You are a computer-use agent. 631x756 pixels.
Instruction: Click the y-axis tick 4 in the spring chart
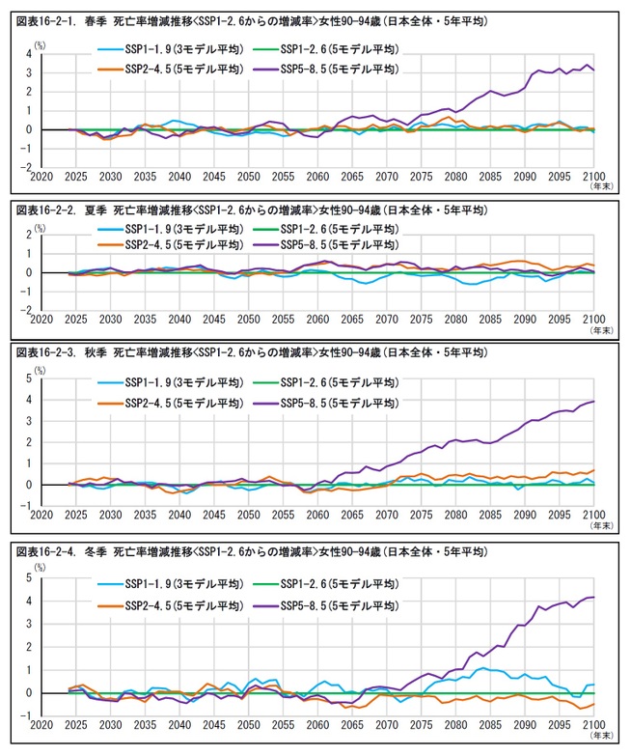pos(32,54)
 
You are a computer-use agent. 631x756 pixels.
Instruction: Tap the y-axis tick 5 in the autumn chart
pos(32,379)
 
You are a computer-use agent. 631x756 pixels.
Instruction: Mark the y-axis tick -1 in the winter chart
pos(30,715)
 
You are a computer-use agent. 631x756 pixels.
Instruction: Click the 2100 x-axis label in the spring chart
pos(592,178)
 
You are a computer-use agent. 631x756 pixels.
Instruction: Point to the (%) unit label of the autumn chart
pos(40,368)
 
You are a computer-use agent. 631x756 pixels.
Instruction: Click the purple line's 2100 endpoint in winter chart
pos(593,599)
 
